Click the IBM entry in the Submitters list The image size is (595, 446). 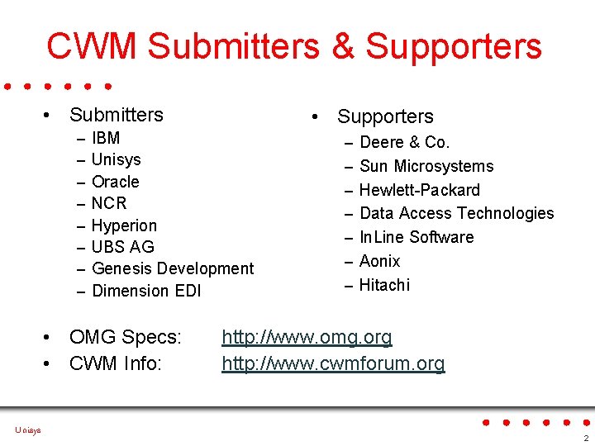106,138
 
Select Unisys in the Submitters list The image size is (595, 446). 116,159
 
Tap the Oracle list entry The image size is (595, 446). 115,182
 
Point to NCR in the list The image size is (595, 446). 109,203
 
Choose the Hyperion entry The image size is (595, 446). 124,225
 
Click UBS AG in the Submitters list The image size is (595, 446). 122,247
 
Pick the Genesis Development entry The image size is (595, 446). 173,268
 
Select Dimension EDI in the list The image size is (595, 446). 146,291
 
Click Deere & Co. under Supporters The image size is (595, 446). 404,142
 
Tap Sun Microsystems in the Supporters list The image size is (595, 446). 426,166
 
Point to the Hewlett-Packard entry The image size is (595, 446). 419,190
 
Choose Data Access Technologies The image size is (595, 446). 456,213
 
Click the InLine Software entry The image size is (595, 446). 416,237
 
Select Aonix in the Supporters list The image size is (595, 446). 379,261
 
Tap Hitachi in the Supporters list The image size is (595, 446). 384,285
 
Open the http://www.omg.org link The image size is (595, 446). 307,337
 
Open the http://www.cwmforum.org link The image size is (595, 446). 333,363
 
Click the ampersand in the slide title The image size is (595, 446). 342,46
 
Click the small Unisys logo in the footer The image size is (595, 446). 27,429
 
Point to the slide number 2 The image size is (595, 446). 585,437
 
